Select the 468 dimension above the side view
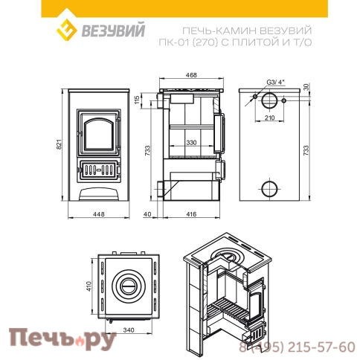coord(192,76)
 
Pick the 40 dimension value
coord(149,214)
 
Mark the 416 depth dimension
coord(191,214)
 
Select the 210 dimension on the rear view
coord(271,118)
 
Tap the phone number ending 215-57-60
coord(300,347)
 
